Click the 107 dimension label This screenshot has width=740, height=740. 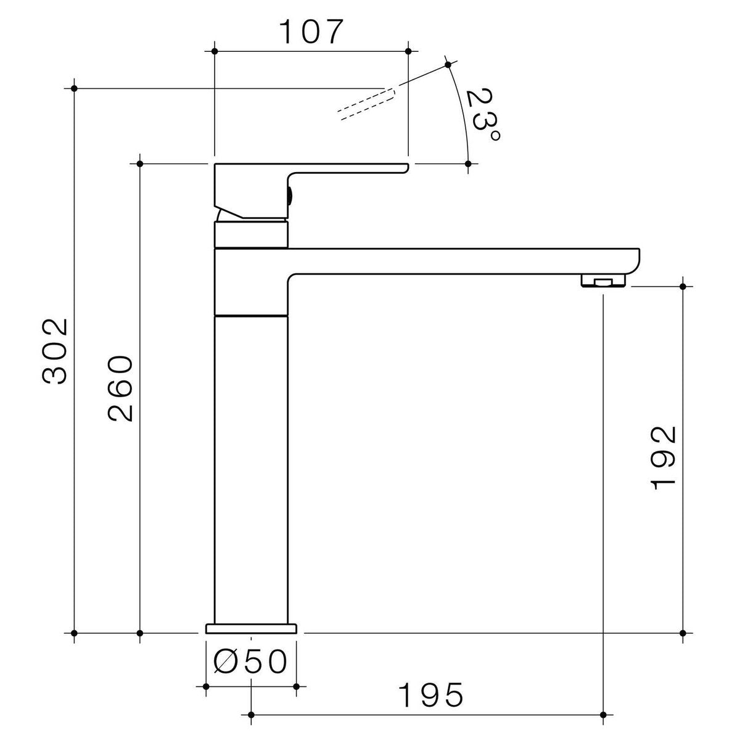click(311, 32)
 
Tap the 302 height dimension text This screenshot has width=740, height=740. click(55, 351)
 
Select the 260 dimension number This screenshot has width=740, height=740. click(120, 388)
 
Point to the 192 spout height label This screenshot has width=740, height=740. click(664, 458)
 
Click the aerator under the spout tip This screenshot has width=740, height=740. click(603, 281)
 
